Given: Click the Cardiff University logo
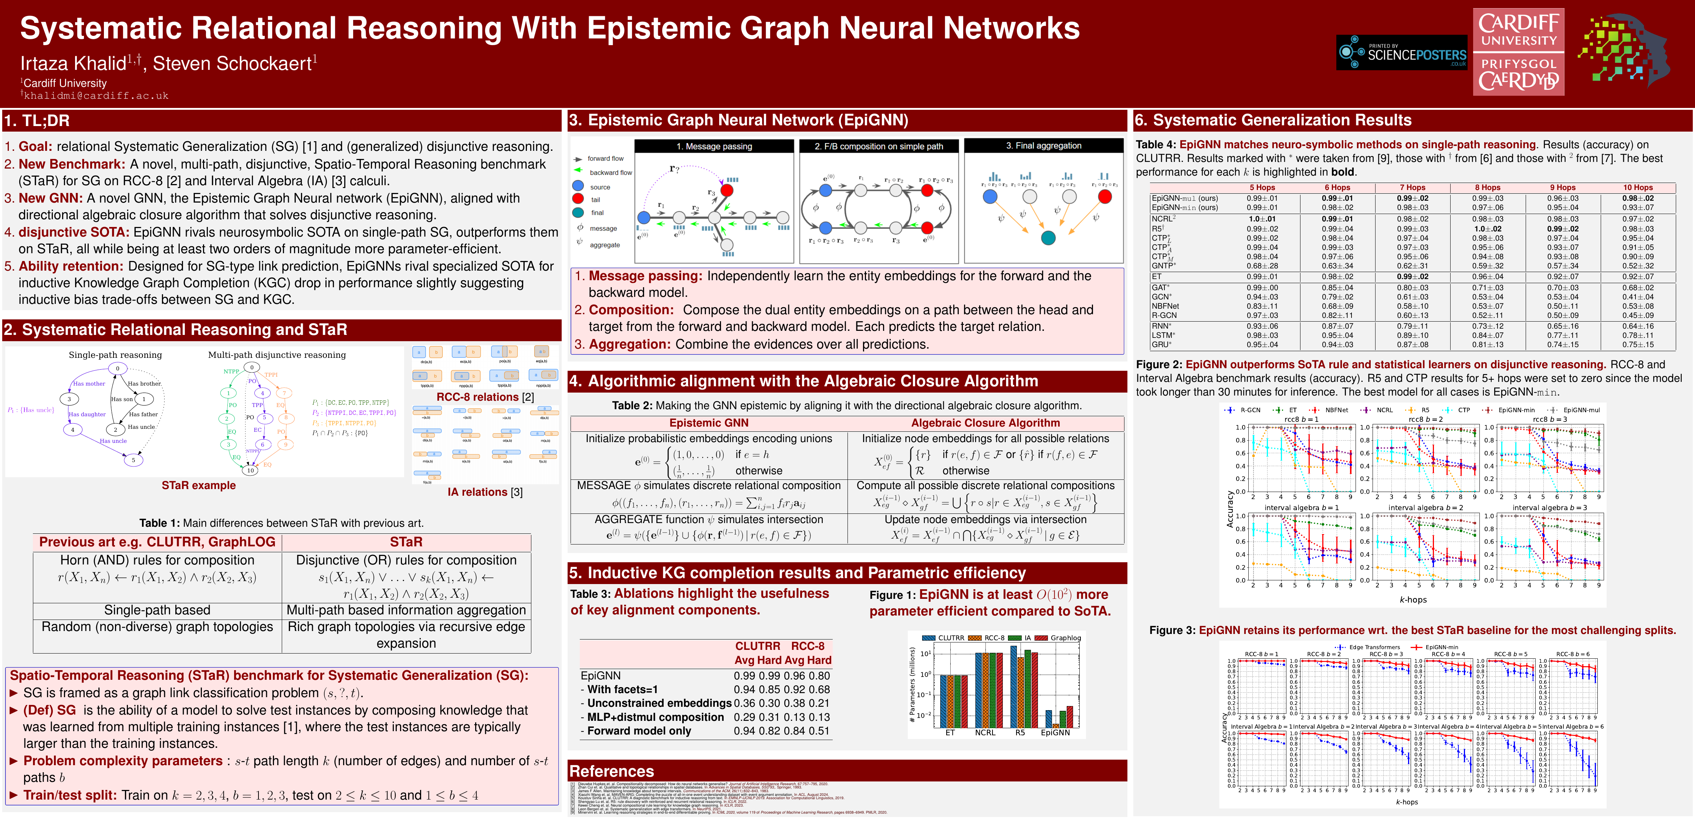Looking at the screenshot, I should pos(1518,52).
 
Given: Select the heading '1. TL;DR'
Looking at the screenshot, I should pos(37,121).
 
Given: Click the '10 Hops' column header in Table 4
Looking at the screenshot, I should pos(1637,187).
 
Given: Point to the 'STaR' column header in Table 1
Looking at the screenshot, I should pos(406,542).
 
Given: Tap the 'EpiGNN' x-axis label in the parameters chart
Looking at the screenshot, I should pos(1055,733).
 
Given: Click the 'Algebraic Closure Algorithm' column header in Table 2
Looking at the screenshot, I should pos(985,423).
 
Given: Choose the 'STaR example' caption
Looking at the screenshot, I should pos(199,485).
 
